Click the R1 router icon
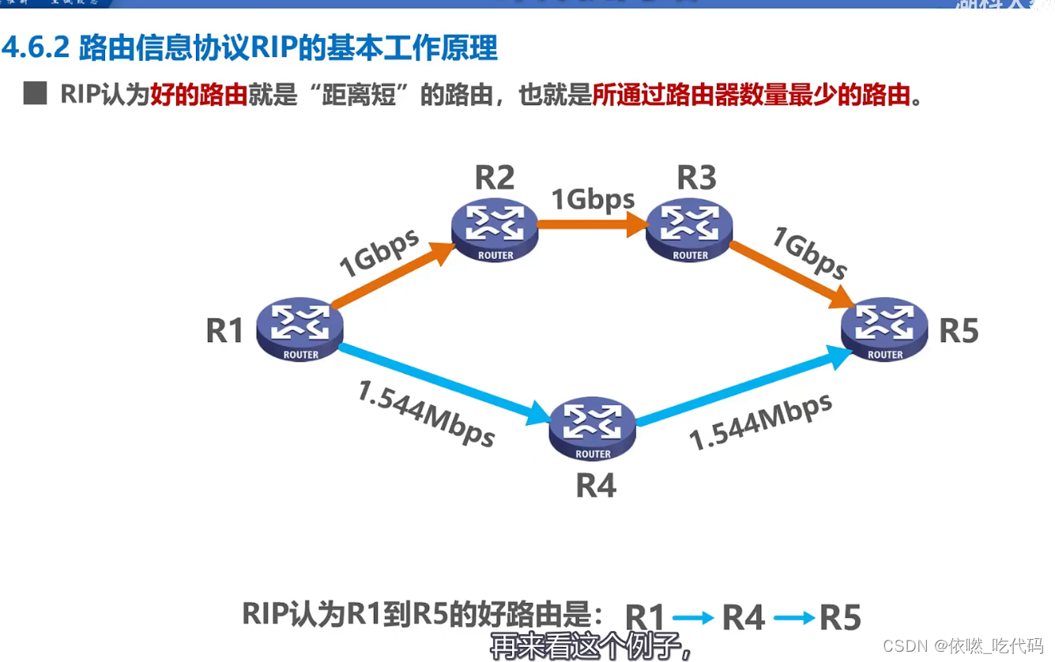tap(300, 329)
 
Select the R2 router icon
tap(495, 229)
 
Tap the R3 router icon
tap(690, 229)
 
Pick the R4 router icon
tap(593, 428)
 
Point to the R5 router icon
tap(884, 329)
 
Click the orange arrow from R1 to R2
tap(391, 275)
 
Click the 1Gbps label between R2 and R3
tap(593, 199)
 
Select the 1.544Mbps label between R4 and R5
tap(761, 422)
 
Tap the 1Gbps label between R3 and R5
tap(810, 253)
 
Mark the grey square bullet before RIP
tap(35, 93)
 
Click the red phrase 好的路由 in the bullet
tap(198, 95)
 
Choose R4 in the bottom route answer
tap(744, 618)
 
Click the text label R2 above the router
tap(495, 179)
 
